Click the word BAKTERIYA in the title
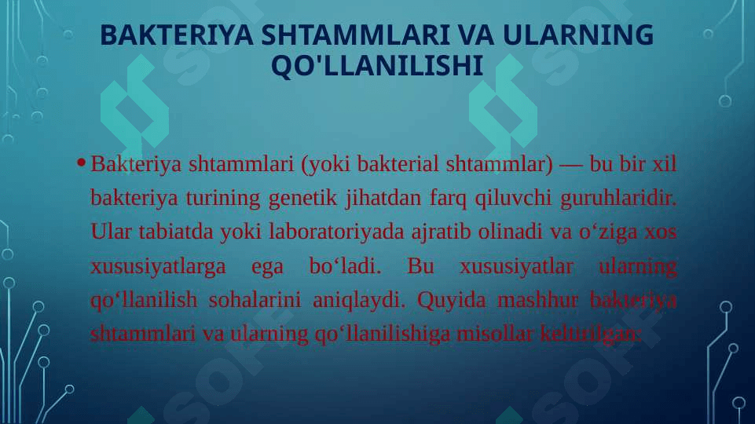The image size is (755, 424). (176, 35)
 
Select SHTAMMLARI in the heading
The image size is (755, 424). (355, 35)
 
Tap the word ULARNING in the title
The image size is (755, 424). (577, 35)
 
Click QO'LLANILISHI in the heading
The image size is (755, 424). (377, 65)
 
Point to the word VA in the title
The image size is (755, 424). (476, 35)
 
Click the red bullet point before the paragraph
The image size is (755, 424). (81, 163)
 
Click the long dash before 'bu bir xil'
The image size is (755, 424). (571, 165)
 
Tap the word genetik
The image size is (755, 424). (302, 198)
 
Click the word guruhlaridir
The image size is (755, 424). (618, 198)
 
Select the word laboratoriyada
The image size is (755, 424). (336, 232)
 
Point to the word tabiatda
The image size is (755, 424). (176, 232)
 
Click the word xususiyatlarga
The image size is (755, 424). (158, 266)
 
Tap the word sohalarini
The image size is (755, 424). (255, 300)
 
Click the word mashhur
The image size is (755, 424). (537, 300)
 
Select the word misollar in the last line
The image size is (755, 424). (494, 334)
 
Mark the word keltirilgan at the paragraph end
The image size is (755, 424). (590, 334)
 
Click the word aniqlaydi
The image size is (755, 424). (359, 300)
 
